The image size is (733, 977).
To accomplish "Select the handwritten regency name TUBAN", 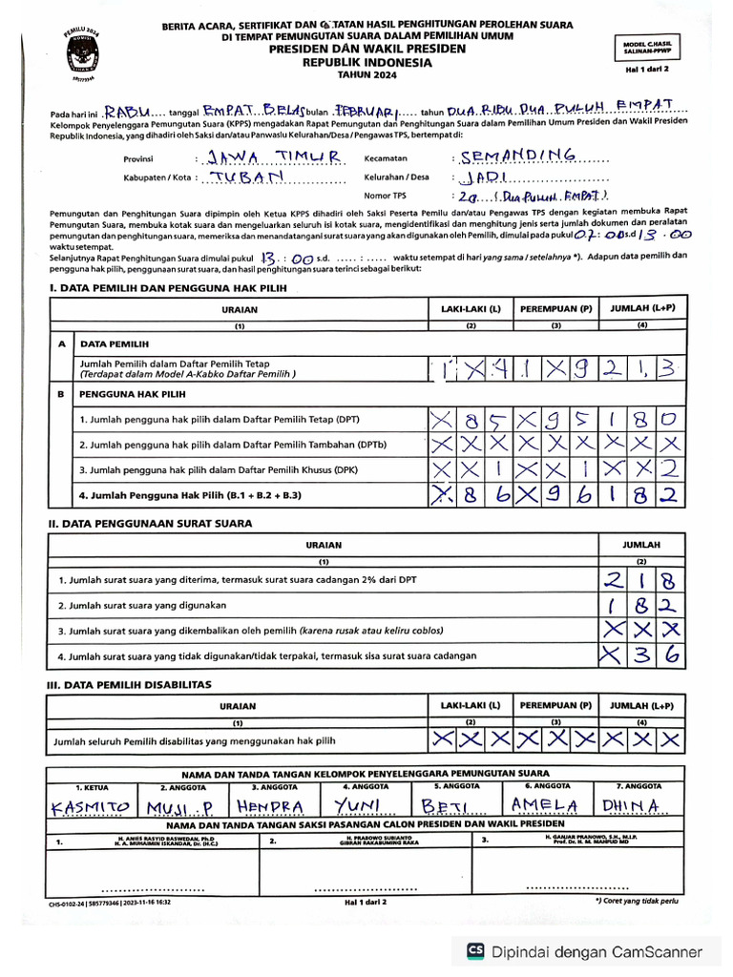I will pos(242,177).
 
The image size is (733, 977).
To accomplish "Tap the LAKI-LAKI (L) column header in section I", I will pos(470,309).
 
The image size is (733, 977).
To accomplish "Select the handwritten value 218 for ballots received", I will pos(639,578).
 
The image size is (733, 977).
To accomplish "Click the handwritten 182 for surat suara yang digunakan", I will pos(639,604).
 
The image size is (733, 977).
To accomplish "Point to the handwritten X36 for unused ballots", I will pos(639,655).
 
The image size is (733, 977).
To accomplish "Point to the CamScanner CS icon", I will pos(474,951).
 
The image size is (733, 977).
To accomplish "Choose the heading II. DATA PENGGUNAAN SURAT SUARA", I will pos(150,523).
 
